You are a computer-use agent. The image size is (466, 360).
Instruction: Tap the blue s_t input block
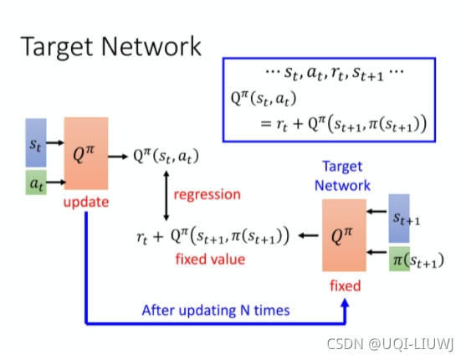coord(35,143)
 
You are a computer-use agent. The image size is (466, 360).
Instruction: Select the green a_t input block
coord(35,179)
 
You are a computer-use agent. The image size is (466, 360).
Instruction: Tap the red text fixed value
coord(210,259)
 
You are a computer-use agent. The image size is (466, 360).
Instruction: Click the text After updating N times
coord(215,310)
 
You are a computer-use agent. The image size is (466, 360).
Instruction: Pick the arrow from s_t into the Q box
coord(54,143)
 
